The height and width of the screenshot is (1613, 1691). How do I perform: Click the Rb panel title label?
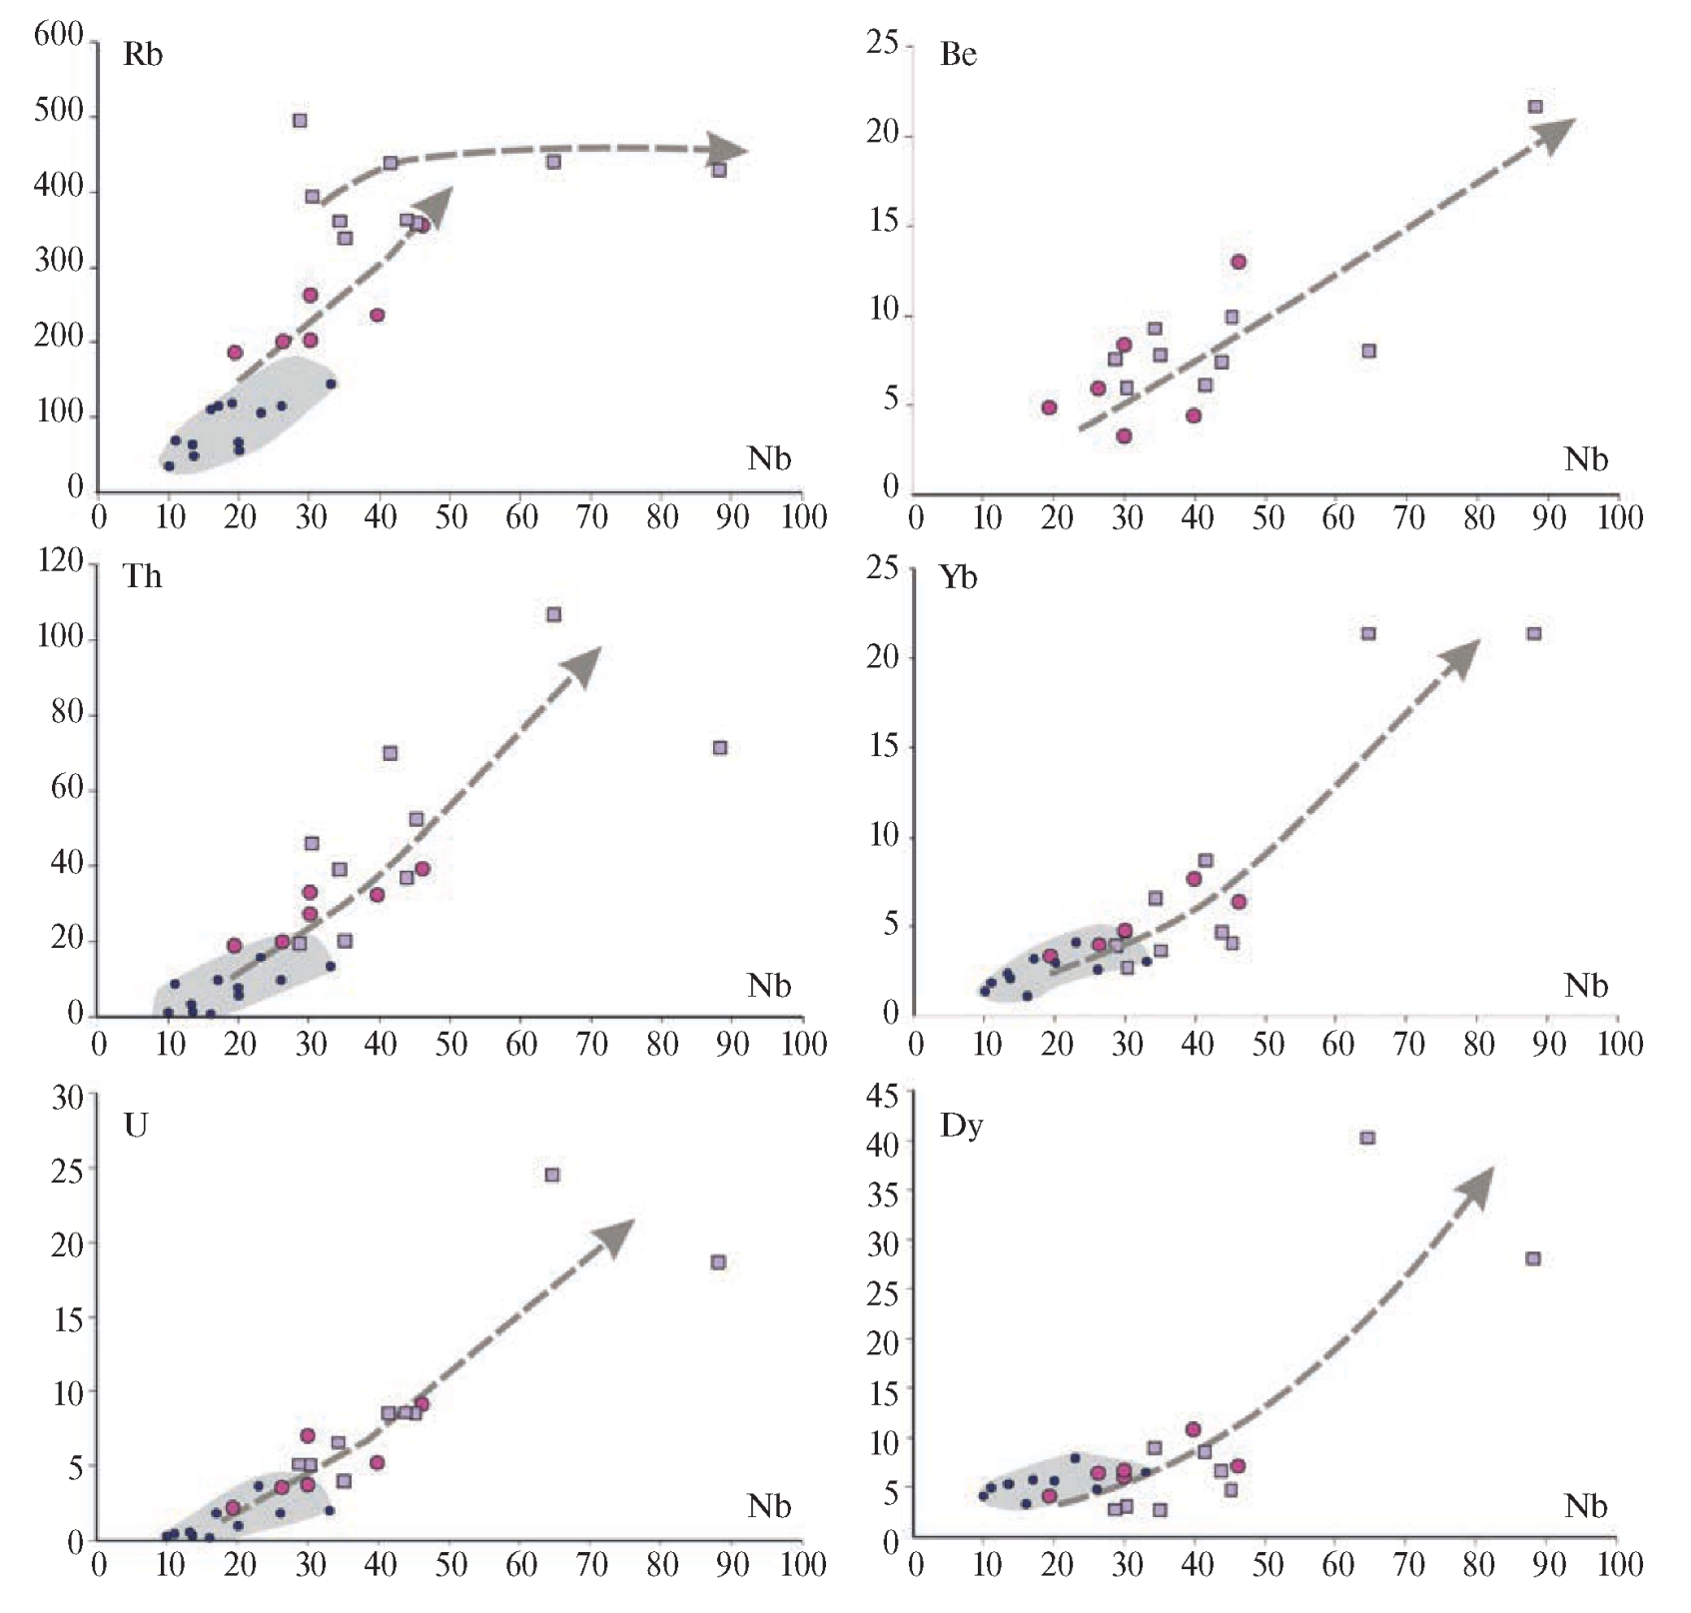click(142, 55)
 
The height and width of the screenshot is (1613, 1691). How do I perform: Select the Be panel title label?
click(957, 55)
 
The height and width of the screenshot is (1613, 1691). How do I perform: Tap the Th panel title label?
click(142, 577)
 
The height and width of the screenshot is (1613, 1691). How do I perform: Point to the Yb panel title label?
click(958, 577)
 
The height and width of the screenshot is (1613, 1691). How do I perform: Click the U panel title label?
click(135, 1126)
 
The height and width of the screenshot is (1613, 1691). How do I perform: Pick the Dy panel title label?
click(961, 1127)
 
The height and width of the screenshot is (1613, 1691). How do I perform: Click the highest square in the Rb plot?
click(300, 121)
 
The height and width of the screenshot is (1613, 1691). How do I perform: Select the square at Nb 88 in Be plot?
click(1535, 107)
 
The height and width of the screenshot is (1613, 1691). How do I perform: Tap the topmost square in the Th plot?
click(554, 614)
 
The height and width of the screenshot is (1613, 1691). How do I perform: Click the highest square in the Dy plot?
click(1367, 1138)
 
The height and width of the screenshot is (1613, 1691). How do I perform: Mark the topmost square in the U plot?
click(552, 1175)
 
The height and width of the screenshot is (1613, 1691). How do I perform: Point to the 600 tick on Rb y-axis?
click(59, 36)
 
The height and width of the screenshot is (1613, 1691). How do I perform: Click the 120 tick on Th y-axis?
click(59, 561)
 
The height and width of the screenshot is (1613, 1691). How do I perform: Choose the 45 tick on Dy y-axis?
click(884, 1096)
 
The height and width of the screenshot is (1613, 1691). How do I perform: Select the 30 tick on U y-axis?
click(67, 1098)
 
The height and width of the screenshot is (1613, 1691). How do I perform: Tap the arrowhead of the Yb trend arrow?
click(1463, 654)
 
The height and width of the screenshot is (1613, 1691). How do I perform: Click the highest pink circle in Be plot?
click(1239, 262)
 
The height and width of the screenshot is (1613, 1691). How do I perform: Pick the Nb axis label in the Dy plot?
click(1585, 1506)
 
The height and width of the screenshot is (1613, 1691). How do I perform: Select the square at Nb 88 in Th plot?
click(720, 748)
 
